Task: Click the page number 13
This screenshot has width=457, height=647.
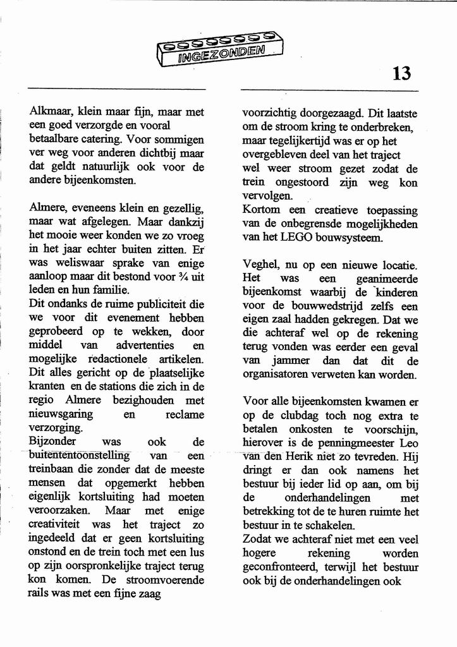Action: (x=401, y=74)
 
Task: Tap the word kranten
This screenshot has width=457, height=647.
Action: (x=46, y=387)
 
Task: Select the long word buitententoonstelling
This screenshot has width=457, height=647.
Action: (x=79, y=456)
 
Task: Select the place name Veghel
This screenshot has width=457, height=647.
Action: (x=260, y=265)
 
